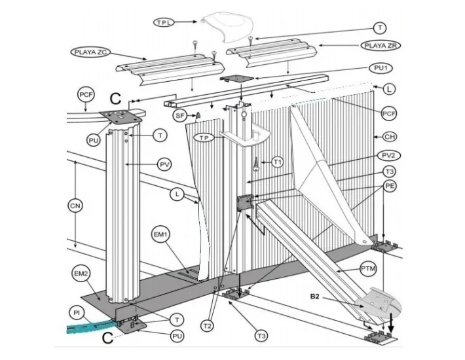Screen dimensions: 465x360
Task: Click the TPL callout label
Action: (x=164, y=22)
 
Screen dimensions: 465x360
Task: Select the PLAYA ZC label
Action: (x=90, y=52)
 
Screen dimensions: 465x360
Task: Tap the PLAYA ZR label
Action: (x=381, y=46)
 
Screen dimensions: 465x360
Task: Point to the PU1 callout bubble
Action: (x=381, y=68)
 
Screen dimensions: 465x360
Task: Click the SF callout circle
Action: (x=180, y=115)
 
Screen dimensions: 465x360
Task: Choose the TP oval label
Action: (x=204, y=137)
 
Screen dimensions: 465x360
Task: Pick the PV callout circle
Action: (x=164, y=165)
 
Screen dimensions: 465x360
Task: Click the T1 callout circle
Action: (x=278, y=162)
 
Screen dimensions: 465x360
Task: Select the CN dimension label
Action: (x=75, y=206)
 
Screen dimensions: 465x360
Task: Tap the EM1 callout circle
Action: (x=160, y=234)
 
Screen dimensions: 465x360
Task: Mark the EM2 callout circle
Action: (x=81, y=274)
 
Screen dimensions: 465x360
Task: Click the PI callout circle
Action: (x=77, y=313)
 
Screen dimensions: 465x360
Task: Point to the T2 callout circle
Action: (x=208, y=326)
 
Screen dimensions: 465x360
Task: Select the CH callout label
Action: (x=390, y=137)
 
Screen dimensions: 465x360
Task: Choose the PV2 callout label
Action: (x=389, y=156)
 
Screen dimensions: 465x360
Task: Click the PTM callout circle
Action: (x=368, y=269)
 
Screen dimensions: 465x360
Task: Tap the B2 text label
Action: (x=314, y=297)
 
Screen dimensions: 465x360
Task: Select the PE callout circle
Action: (x=390, y=186)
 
